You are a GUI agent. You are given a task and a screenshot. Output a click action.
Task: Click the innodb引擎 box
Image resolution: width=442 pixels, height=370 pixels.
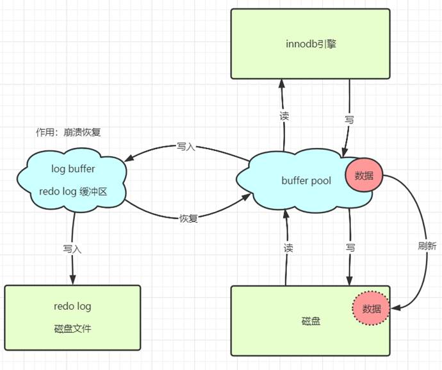point(310,44)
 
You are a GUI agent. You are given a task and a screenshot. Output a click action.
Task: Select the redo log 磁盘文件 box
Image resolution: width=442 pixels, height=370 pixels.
point(72,318)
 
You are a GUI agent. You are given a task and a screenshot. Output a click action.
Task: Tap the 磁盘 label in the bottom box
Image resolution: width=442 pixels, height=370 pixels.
point(310,321)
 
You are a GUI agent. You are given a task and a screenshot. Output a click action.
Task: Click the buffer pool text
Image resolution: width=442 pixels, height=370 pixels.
point(306,181)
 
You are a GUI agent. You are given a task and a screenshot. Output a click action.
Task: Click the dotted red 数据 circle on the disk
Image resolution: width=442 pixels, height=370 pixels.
point(371,309)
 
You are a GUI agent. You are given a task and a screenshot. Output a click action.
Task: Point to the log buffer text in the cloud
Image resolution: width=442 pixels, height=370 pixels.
point(72,168)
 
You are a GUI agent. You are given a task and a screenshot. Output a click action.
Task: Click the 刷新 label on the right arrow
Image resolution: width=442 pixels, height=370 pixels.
point(427,245)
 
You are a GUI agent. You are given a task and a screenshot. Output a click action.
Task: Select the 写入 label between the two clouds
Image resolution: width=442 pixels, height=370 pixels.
point(186,147)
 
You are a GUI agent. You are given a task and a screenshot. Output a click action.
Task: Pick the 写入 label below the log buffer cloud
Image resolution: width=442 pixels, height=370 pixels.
point(72,248)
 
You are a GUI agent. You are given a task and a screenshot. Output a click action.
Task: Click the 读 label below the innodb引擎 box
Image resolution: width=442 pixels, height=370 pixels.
point(284,117)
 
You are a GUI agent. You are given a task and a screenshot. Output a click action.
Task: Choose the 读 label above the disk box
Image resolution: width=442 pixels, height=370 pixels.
point(288,247)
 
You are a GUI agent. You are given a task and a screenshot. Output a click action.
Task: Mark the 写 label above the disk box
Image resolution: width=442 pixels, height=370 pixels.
point(350,247)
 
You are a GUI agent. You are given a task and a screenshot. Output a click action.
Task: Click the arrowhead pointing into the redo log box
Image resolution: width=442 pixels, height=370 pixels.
point(72,280)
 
